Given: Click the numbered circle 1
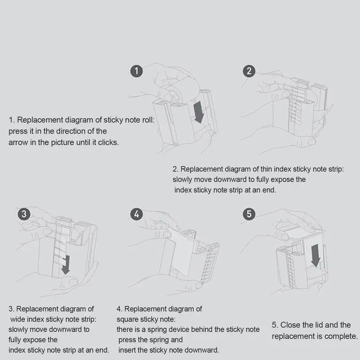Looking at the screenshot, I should point(137,71).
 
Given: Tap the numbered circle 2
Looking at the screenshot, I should point(249,71).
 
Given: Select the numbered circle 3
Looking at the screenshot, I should point(25,214).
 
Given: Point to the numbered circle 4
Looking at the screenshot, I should point(136,214).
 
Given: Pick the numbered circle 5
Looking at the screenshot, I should point(249,214).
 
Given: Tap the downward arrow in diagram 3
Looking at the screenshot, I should point(67,263).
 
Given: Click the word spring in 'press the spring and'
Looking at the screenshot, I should point(160,340).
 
